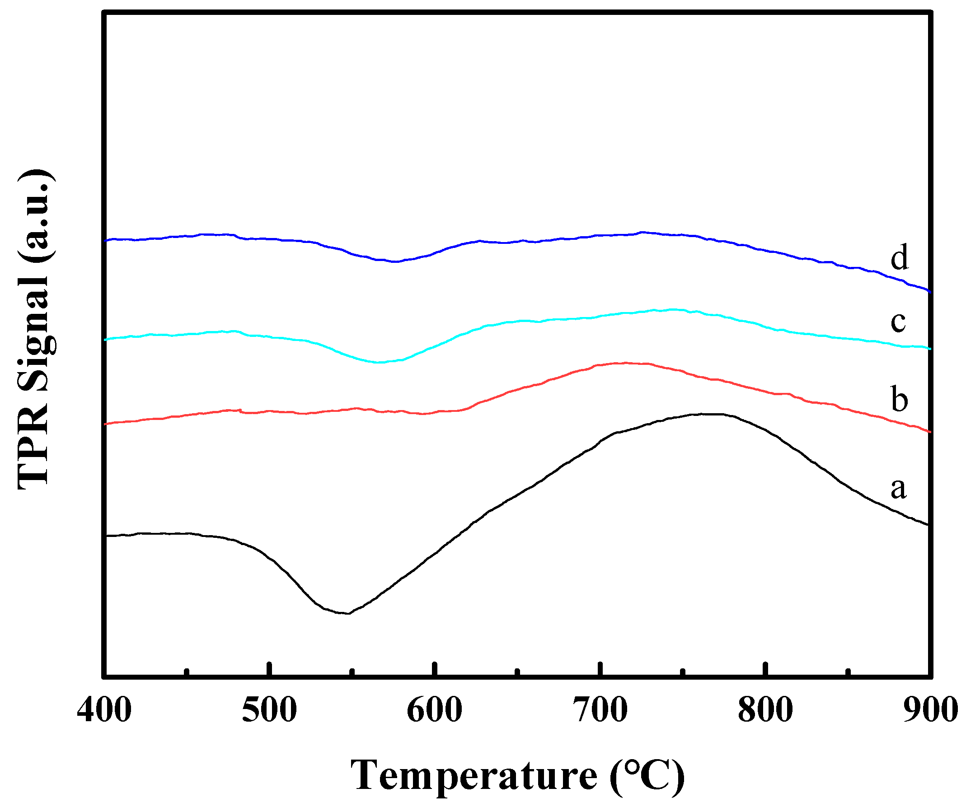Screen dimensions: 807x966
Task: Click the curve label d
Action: (900, 257)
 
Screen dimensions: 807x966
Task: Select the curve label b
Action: (900, 399)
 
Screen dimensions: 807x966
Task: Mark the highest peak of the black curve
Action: (708, 414)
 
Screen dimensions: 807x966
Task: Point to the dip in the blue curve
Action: (396, 261)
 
